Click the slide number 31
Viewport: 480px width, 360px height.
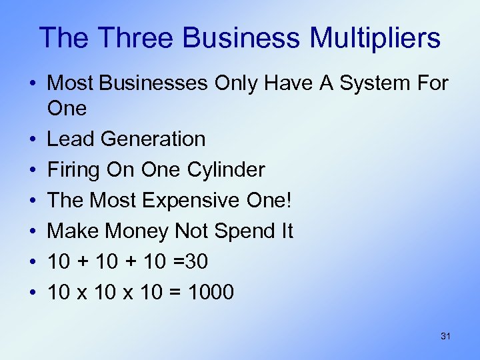tap(445, 336)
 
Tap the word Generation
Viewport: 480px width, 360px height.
tap(154, 139)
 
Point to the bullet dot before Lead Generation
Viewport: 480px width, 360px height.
tap(33, 140)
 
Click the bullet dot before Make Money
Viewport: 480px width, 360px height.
tap(33, 232)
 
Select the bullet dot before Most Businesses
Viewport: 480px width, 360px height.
tap(33, 85)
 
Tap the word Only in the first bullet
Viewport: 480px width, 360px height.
tap(238, 84)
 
